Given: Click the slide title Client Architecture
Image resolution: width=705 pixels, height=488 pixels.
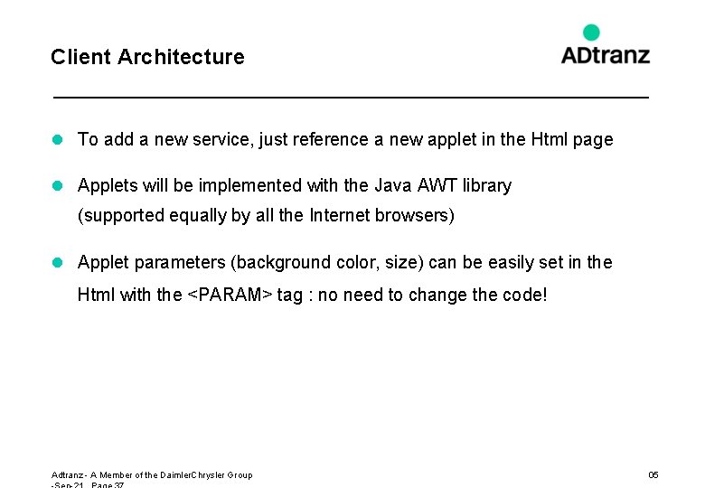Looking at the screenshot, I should tap(147, 57).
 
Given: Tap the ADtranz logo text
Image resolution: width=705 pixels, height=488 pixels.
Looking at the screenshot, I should tap(605, 55).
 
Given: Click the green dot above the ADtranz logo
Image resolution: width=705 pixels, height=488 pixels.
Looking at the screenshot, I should tap(591, 33).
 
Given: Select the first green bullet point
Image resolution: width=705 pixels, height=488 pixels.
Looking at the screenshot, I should tap(57, 139).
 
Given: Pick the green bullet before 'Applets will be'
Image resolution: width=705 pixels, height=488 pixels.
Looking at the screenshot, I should tap(57, 185).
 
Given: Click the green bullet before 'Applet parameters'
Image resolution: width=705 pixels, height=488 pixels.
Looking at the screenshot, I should tap(57, 262).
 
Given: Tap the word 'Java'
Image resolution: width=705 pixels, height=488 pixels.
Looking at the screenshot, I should tap(393, 185).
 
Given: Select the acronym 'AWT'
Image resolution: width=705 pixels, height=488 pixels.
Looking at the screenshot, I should tap(440, 185).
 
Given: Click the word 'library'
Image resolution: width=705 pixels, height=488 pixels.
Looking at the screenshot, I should tap(487, 185).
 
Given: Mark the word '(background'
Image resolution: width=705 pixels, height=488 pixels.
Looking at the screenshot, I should tap(281, 262).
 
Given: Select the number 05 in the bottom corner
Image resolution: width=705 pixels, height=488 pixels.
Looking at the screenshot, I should tap(653, 474).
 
